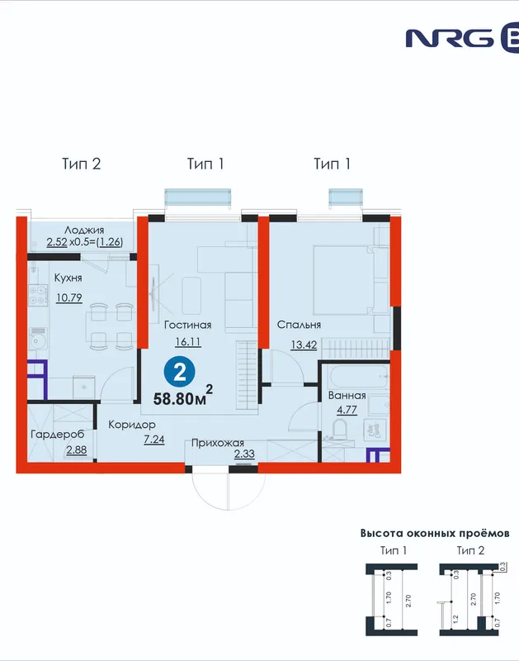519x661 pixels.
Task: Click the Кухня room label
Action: (68, 278)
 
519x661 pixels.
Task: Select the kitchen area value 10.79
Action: (69, 297)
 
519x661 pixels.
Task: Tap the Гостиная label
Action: (188, 325)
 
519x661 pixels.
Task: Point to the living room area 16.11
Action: (188, 341)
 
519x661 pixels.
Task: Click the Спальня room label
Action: (299, 325)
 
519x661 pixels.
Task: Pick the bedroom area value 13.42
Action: (304, 345)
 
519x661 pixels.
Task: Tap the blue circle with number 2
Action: (180, 373)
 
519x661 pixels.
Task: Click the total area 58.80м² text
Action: (182, 397)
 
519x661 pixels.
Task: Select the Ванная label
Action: (347, 396)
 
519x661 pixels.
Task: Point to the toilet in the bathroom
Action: (339, 429)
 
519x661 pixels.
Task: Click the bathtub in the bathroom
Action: (359, 378)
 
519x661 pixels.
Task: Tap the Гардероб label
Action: (58, 435)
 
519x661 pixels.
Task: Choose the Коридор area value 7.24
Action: (154, 440)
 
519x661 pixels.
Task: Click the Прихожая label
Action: (218, 443)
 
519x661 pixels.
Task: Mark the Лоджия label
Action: (84, 231)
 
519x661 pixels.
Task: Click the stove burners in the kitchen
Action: (38, 295)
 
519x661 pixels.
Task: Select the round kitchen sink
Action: (38, 340)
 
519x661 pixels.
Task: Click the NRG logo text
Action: (450, 38)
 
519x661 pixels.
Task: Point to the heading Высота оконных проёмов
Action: (435, 533)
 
